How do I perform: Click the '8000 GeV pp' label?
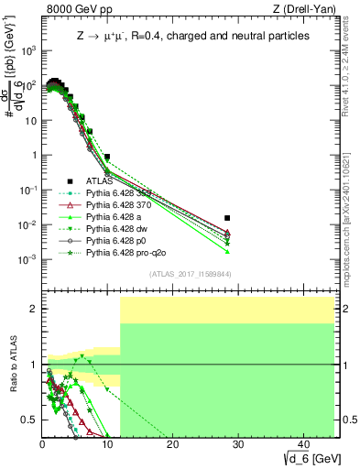73,8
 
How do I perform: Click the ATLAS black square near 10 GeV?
107,157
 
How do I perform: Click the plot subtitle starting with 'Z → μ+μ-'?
192,36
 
